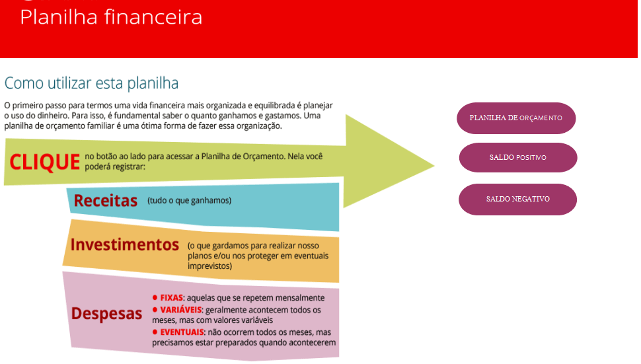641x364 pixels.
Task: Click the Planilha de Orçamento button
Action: click(515, 118)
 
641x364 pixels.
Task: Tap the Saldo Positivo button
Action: click(517, 158)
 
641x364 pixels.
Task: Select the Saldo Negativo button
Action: click(517, 200)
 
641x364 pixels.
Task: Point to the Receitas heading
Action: click(105, 200)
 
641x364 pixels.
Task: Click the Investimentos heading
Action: click(125, 244)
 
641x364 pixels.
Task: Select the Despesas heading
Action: click(106, 313)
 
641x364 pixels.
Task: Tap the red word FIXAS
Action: click(171, 298)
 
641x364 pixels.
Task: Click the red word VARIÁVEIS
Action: click(181, 310)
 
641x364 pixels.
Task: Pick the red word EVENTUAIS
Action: click(182, 332)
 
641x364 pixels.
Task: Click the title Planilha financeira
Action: click(111, 17)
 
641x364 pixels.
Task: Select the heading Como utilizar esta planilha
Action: click(91, 84)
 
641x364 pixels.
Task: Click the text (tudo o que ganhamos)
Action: click(190, 200)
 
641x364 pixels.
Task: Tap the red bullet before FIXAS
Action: click(155, 298)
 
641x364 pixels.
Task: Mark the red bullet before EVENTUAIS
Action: click(155, 332)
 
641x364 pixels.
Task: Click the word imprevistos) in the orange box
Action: click(210, 266)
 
